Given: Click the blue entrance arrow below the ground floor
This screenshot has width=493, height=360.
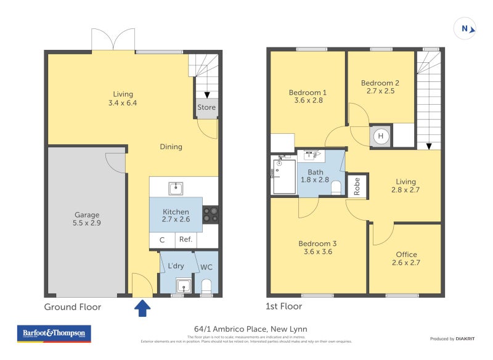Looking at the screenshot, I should [x=142, y=308].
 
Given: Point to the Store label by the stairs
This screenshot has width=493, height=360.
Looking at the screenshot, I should [x=206, y=107].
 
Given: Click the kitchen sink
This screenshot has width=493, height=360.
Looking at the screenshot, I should [x=176, y=187].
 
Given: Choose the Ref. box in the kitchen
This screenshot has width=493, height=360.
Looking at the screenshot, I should [x=186, y=240].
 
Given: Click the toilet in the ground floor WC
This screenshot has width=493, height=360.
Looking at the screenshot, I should [x=206, y=286].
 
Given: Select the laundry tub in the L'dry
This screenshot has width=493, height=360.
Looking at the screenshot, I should [x=184, y=285].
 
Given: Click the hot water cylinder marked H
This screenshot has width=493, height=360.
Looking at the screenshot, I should [x=380, y=136].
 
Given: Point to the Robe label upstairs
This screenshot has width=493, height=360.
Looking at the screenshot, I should [x=356, y=187].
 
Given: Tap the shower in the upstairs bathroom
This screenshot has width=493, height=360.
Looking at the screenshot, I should [x=284, y=177].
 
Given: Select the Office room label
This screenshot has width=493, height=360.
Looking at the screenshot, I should [x=406, y=254].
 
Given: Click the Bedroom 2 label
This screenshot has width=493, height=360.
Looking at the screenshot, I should [x=380, y=83].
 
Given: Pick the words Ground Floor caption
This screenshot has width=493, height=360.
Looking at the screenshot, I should [x=73, y=306].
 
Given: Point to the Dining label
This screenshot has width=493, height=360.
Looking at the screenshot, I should [x=171, y=147].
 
